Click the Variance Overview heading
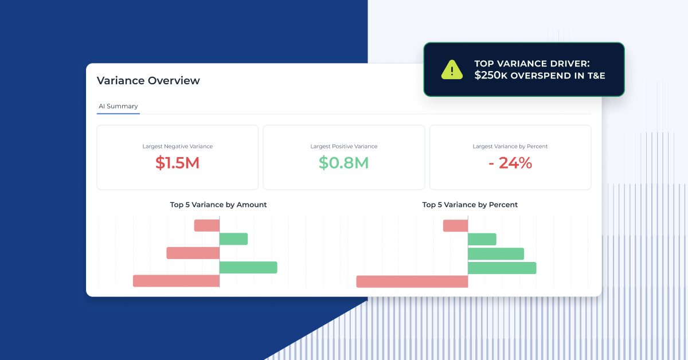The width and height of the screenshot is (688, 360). (148, 81)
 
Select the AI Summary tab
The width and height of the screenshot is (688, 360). (118, 106)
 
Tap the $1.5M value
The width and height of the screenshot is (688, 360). (177, 163)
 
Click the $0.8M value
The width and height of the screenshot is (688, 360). (343, 163)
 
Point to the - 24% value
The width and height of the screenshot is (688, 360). (510, 163)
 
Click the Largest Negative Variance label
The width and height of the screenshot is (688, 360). (177, 146)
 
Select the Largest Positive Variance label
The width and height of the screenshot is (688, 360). (343, 146)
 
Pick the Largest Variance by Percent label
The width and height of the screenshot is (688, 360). (510, 146)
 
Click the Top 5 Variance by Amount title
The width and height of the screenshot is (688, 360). (218, 205)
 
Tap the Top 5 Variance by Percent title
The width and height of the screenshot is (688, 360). (470, 205)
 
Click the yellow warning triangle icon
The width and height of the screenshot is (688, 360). (452, 69)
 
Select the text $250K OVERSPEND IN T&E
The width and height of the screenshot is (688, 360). (540, 76)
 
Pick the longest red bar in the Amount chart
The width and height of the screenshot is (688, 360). (176, 281)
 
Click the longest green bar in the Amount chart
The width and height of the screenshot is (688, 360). (248, 267)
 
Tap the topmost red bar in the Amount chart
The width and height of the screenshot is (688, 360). (207, 225)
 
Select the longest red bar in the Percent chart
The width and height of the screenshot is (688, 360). (412, 281)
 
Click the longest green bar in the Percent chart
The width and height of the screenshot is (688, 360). (502, 268)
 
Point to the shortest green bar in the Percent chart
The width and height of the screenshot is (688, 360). (482, 239)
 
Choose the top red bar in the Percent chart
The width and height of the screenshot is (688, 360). (456, 226)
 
